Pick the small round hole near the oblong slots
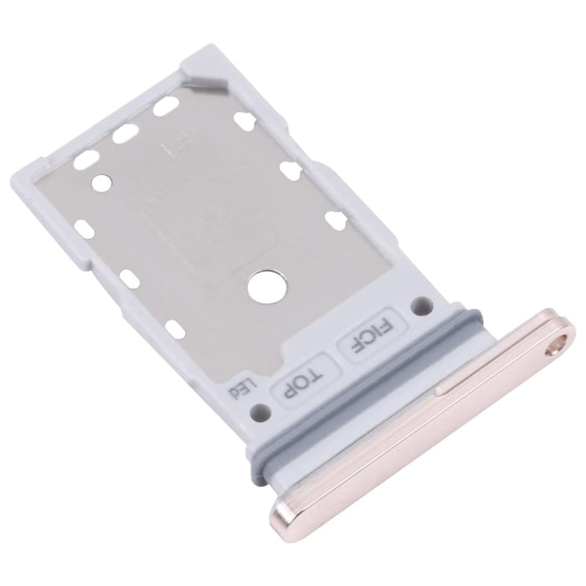pos(101,179)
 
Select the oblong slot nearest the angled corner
pos(165,105)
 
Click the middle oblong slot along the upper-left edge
pos(125,133)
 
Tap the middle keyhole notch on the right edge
pos(291,171)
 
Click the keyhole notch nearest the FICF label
pos(337,221)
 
